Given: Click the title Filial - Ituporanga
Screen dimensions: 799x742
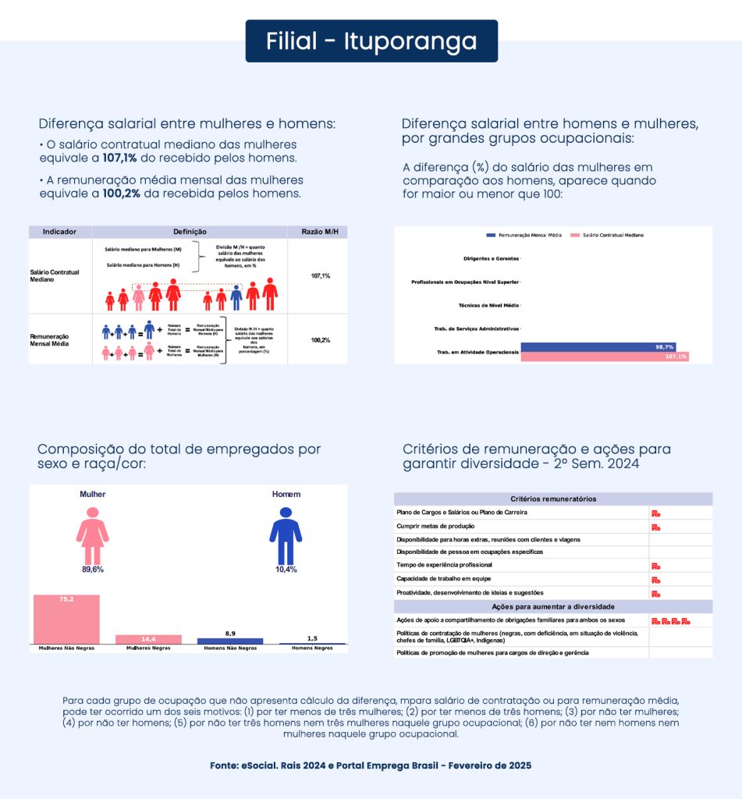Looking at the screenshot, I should pos(371,41).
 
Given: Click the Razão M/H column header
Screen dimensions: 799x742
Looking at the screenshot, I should pos(319,232).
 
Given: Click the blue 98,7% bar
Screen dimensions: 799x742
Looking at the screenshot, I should pos(598,346).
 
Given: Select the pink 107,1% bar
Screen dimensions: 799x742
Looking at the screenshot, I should pos(605,357).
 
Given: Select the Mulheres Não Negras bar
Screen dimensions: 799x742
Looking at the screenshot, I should pos(66,619).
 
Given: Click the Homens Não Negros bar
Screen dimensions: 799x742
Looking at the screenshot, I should pos(230,641).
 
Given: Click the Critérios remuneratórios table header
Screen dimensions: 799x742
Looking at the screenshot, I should pos(553,499).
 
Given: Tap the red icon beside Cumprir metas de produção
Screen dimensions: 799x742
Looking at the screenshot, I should pos(656,527).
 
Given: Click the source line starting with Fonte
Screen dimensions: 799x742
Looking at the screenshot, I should pos(371,765).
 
